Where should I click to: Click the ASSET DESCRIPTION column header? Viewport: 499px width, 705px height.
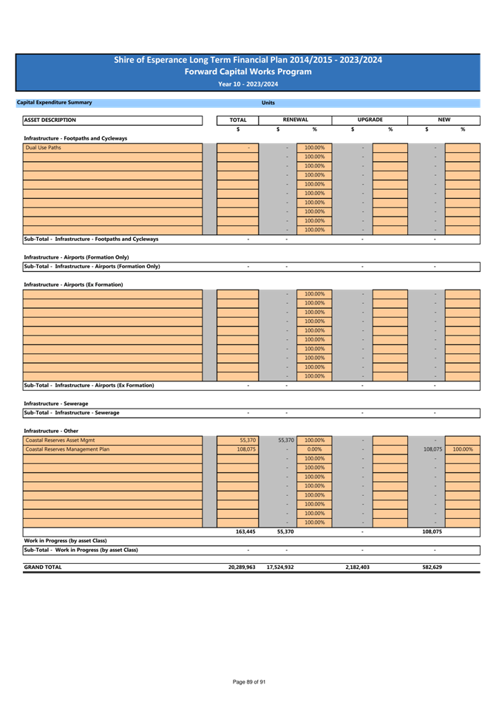50,120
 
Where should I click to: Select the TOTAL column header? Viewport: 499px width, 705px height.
238,120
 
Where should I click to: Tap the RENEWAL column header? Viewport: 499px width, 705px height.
295,120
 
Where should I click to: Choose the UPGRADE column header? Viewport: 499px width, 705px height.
370,120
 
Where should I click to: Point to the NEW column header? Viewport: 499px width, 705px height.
444,120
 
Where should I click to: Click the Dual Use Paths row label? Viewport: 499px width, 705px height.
43,148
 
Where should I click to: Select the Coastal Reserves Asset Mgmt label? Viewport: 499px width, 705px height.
60,440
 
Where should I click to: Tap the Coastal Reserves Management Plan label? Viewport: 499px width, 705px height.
67,449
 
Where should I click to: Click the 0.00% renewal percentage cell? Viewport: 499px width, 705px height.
314,449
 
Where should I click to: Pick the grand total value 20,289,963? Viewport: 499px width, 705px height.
242,567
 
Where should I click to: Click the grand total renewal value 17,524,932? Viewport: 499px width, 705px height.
280,567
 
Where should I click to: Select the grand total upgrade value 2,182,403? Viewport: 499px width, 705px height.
357,567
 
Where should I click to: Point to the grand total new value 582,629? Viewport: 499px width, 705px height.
432,567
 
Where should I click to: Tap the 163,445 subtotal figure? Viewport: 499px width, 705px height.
245,531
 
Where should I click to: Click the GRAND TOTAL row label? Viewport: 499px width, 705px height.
43,567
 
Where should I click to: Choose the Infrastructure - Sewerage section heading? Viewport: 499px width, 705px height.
55,403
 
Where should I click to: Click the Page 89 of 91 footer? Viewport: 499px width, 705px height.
249,681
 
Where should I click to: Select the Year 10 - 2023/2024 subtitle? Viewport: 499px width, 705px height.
248,84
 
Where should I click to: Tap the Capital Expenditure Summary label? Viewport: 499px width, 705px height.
54,103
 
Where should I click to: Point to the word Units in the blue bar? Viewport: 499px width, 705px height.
268,103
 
